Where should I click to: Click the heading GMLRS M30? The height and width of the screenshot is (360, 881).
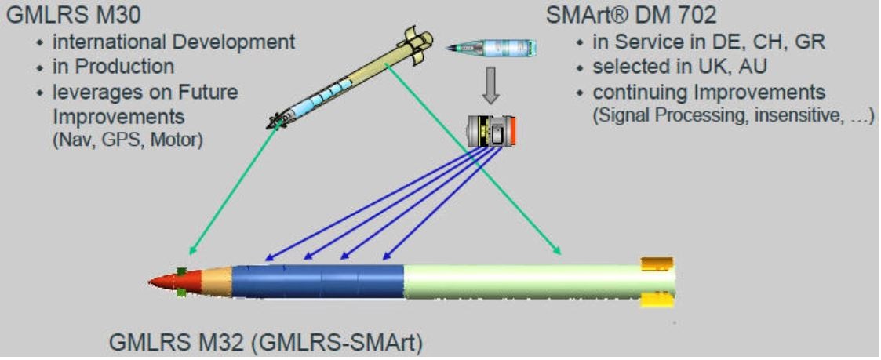pos(73,15)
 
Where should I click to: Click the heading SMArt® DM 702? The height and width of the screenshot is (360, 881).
pos(632,15)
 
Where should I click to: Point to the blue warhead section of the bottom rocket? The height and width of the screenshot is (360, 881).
pos(318,281)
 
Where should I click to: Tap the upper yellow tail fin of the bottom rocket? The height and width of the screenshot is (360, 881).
pos(657,264)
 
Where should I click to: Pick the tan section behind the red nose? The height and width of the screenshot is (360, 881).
pos(217,281)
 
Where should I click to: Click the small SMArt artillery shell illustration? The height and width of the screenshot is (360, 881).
pos(492,48)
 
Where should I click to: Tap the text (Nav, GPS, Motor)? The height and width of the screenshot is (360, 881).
pos(128,139)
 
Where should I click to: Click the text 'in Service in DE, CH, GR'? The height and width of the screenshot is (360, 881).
pos(709,42)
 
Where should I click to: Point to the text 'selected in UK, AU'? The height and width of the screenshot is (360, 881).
pos(680,67)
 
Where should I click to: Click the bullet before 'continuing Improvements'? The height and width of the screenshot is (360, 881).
pos(581,92)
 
